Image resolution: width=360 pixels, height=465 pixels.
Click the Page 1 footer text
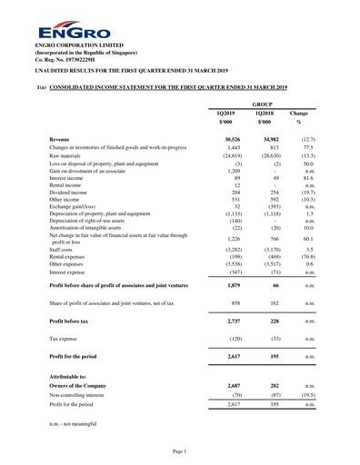(x=179, y=451)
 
